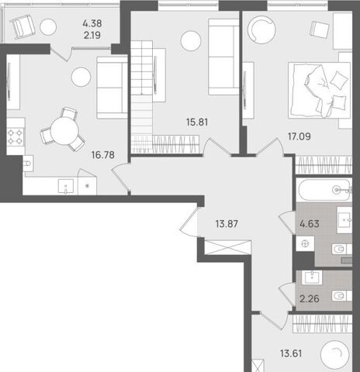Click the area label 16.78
pos(103,155)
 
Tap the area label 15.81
pos(197,122)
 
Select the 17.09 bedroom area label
pos(299,136)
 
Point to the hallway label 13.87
pos(227,224)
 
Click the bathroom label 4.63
pos(310,224)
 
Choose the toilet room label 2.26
pos(310,299)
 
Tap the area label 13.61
pos(291,353)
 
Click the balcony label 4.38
pos(92,23)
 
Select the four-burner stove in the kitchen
pos(16,136)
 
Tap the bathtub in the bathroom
pos(325,190)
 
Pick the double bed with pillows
pos(320,90)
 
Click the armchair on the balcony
pos(24,26)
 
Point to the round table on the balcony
pos(48,27)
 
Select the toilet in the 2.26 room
pos(341,296)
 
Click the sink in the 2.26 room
pos(312,277)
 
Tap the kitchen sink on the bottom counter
pos(66,186)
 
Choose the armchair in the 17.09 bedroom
pos(319,29)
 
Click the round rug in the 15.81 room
pos(191,41)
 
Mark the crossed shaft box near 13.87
pos(227,247)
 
